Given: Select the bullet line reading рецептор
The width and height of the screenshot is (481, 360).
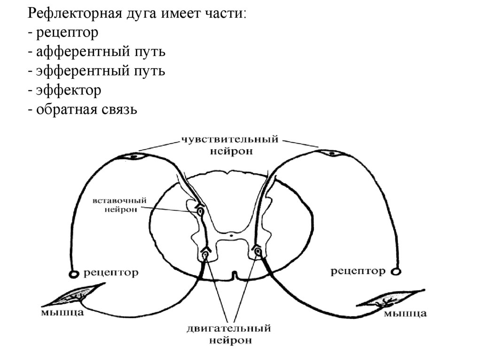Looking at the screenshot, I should pos(66,32).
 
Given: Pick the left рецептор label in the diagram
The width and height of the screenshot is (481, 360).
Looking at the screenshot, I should pos(111,272).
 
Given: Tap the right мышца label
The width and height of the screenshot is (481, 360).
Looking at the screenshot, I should pos(405,313).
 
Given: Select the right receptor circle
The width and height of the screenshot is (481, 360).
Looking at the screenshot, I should pos(396,271).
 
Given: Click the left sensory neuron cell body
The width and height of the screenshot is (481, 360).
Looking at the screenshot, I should pos(134,155).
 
